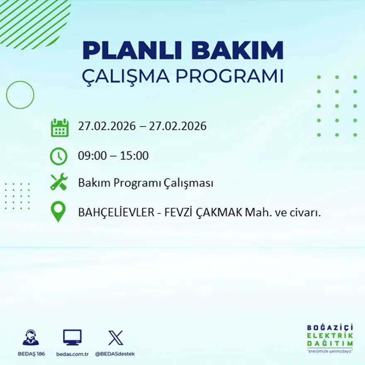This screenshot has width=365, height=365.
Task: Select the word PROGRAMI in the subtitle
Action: (x=231, y=76)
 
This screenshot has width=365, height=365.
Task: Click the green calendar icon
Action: (x=59, y=127)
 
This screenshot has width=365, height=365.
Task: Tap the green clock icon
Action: (x=59, y=156)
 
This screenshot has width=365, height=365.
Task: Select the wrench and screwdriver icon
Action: (x=59, y=182)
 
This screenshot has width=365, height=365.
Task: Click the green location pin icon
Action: (x=58, y=211)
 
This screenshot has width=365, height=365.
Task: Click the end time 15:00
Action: (x=134, y=156)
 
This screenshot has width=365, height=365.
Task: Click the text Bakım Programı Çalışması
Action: (x=146, y=183)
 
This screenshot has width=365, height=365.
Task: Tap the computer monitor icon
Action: (x=72, y=337)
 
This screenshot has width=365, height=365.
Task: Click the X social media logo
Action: (x=115, y=337)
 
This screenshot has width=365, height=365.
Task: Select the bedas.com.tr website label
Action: (x=73, y=354)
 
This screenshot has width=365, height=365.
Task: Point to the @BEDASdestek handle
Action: (x=115, y=354)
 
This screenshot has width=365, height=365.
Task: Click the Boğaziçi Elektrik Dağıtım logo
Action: (x=330, y=338)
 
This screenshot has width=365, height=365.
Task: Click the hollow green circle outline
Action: (x=20, y=95)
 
